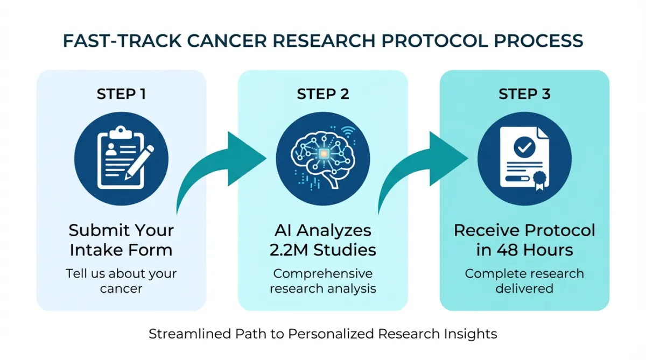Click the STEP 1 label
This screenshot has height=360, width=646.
click(x=121, y=94)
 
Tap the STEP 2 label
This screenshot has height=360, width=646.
click(x=323, y=94)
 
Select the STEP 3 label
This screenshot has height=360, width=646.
click(x=524, y=94)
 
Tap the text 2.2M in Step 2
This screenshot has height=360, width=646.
click(x=293, y=250)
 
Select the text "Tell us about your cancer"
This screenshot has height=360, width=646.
click(x=121, y=280)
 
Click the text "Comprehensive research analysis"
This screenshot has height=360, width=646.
click(x=323, y=280)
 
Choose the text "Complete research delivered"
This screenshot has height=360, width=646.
click(x=524, y=280)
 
